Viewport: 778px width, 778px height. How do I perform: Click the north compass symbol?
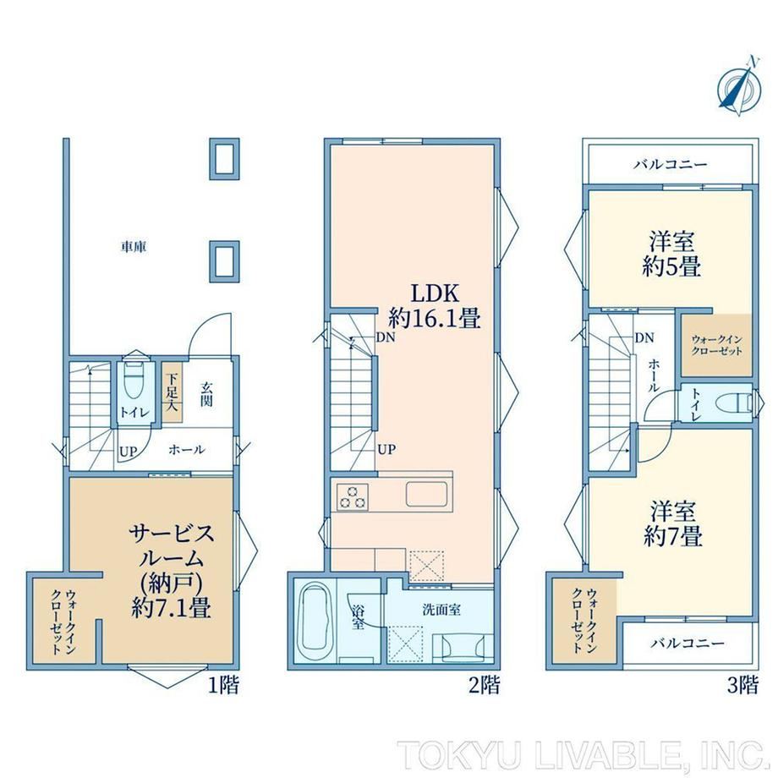click(739, 88)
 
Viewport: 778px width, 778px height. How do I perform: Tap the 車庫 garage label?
click(134, 247)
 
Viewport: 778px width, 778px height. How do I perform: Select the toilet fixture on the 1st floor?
click(133, 380)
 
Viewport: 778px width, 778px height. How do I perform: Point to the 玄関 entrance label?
click(206, 394)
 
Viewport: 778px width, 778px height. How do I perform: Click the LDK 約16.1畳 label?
click(435, 306)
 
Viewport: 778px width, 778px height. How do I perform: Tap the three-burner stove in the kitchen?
click(353, 496)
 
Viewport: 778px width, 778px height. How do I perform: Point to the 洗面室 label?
click(441, 610)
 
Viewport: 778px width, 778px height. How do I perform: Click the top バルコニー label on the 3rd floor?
click(671, 164)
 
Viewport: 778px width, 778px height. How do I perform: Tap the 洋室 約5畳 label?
click(671, 254)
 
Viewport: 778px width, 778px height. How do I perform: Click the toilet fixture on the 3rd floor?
click(735, 403)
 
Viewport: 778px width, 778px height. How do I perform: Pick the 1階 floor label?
click(222, 685)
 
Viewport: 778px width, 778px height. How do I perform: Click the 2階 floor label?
click(484, 685)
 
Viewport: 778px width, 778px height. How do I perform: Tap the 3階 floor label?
click(742, 685)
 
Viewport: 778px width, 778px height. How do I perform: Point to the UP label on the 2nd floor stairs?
click(387, 450)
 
